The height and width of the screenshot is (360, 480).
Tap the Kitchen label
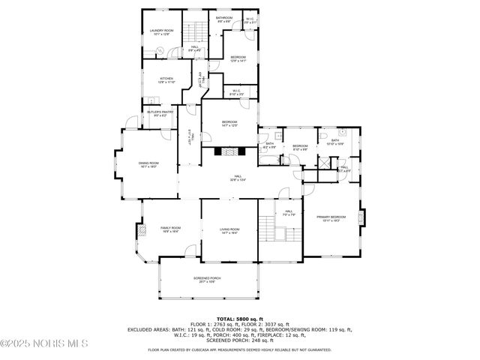(x=166, y=80)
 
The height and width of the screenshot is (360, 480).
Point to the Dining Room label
(x=148, y=164)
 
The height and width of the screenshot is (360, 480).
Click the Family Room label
(x=170, y=229)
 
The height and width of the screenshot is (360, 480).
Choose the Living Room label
(x=229, y=231)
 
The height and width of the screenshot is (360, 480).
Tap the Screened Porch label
(x=206, y=279)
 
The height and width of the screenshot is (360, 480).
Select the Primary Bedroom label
(x=331, y=218)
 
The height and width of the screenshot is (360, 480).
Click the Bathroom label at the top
(x=224, y=19)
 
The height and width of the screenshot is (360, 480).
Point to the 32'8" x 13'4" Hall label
(x=237, y=178)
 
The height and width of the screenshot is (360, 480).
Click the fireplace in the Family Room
(x=138, y=230)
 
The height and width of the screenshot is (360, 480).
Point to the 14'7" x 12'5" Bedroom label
(x=229, y=124)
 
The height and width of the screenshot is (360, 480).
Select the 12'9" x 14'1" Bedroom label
(x=238, y=59)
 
